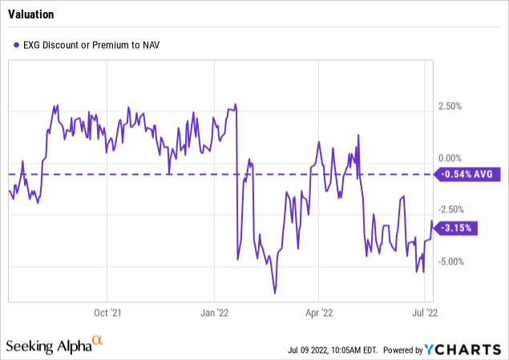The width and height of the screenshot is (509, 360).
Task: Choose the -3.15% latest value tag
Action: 457,228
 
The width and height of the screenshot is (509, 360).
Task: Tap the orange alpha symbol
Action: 98,342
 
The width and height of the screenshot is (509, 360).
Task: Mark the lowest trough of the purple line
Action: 274,293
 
